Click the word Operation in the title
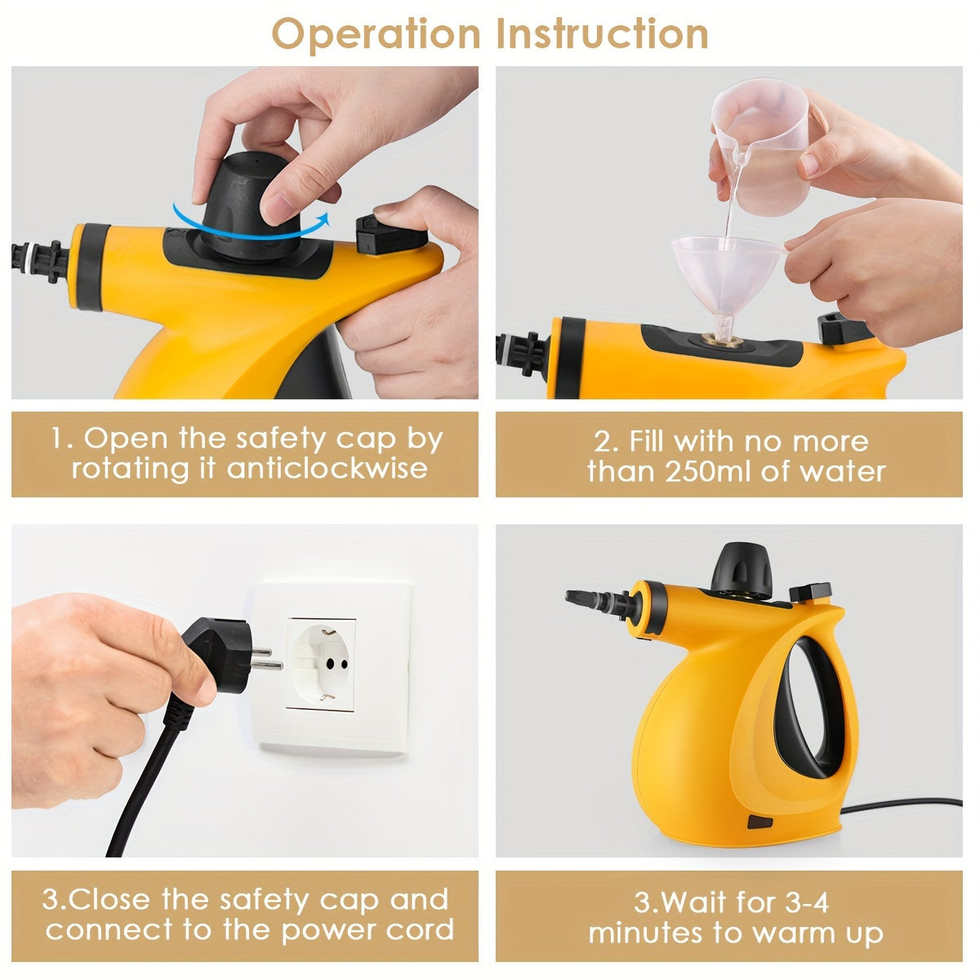[x=376, y=33]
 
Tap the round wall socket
[x=320, y=664]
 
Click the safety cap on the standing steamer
[x=742, y=568]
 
